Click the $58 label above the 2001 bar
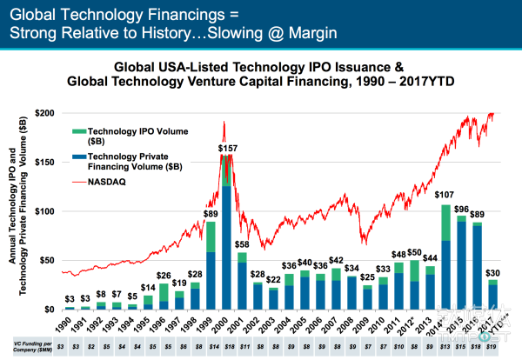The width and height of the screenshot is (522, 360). pos(242,245)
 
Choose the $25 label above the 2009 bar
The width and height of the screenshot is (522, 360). pos(368,277)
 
